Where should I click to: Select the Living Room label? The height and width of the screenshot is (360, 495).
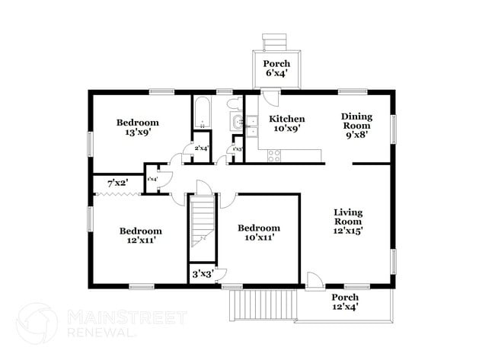pyautogui.click(x=348, y=221)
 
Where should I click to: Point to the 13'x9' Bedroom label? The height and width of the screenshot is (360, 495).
pyautogui.click(x=137, y=127)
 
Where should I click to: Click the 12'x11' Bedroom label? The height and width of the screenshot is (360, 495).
pyautogui.click(x=140, y=236)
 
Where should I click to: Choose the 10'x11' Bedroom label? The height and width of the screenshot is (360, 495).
pyautogui.click(x=258, y=232)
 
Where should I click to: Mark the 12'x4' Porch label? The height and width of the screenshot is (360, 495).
pyautogui.click(x=345, y=301)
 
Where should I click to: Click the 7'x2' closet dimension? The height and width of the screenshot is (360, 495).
pyautogui.click(x=117, y=183)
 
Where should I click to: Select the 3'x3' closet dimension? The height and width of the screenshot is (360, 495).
pyautogui.click(x=203, y=273)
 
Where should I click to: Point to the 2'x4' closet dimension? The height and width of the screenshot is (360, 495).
pyautogui.click(x=202, y=148)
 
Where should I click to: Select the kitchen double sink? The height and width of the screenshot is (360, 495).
pyautogui.click(x=251, y=126)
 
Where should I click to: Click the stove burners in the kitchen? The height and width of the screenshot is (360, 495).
pyautogui.click(x=274, y=155)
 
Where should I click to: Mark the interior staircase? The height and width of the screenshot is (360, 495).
pyautogui.click(x=202, y=221)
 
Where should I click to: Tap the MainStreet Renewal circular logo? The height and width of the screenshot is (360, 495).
pyautogui.click(x=37, y=323)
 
